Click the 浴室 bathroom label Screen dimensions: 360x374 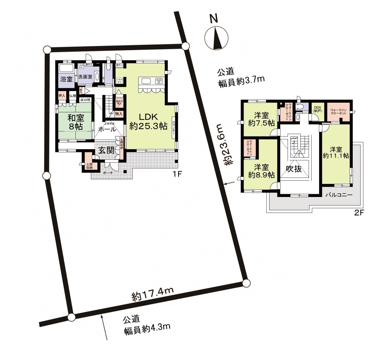66,79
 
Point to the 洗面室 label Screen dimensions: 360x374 85,77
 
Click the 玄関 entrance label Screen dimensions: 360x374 105,150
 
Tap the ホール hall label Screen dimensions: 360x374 107,130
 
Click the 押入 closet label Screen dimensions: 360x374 62,96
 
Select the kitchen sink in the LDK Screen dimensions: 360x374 146,81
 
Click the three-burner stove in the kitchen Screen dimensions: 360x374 158,81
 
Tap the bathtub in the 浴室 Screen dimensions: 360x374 66,68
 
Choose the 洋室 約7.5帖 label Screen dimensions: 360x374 261,119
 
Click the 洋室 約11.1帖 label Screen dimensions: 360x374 336,152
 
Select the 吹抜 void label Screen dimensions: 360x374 294,169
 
